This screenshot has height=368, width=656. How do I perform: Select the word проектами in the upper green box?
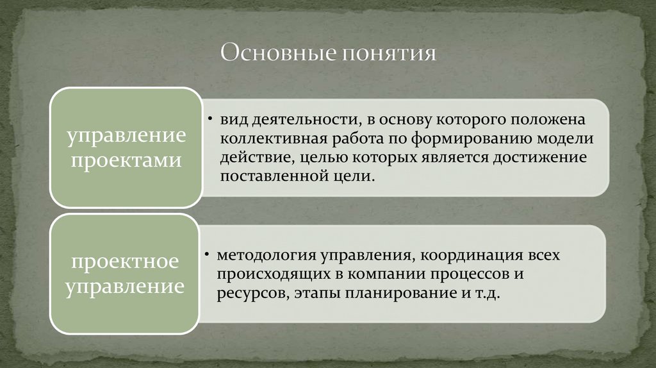(x=126, y=160)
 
